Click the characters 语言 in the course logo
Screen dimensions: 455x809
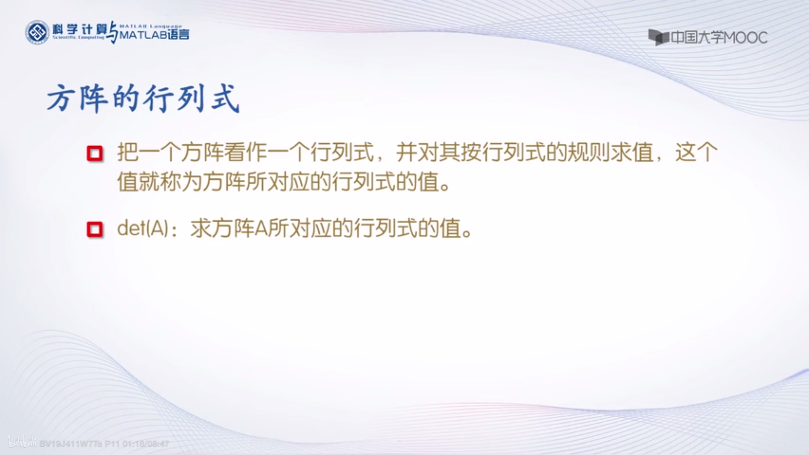179,35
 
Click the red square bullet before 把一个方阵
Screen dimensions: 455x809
95,153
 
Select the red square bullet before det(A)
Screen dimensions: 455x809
95,229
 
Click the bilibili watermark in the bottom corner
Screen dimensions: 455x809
22,443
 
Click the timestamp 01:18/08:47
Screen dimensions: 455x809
146,444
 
